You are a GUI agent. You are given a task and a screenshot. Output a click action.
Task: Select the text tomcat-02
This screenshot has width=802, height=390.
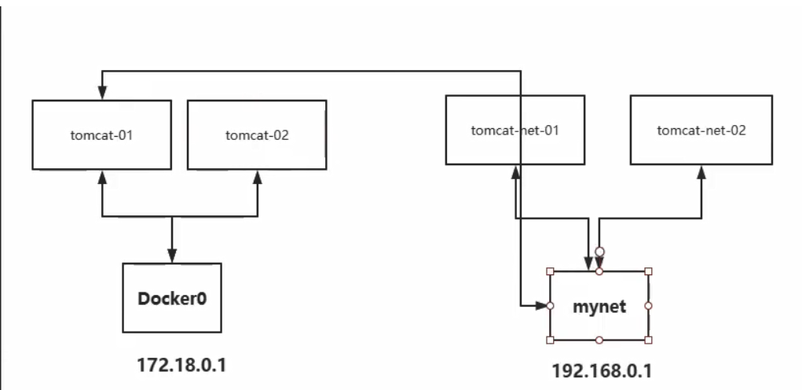pos(257,134)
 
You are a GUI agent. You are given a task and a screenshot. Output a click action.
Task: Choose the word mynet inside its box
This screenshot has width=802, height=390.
pos(599,306)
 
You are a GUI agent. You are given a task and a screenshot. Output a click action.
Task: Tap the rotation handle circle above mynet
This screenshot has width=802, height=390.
pos(599,252)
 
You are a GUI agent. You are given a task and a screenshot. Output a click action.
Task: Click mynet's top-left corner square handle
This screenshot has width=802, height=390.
pos(551,271)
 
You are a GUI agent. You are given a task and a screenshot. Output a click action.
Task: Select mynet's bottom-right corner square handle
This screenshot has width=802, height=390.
pos(649,340)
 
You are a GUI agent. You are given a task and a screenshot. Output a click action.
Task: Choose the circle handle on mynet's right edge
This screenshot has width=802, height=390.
pos(649,305)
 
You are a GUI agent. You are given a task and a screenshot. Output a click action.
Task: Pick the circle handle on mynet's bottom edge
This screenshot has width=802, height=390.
pos(599,340)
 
